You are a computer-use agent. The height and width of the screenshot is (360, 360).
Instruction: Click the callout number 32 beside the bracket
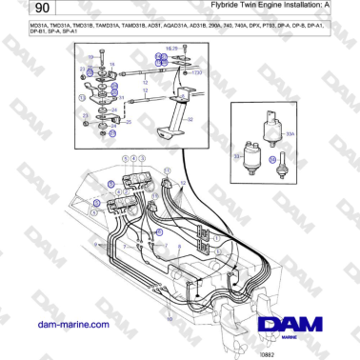point(189,119)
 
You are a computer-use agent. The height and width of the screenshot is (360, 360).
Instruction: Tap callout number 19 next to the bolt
point(111,64)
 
